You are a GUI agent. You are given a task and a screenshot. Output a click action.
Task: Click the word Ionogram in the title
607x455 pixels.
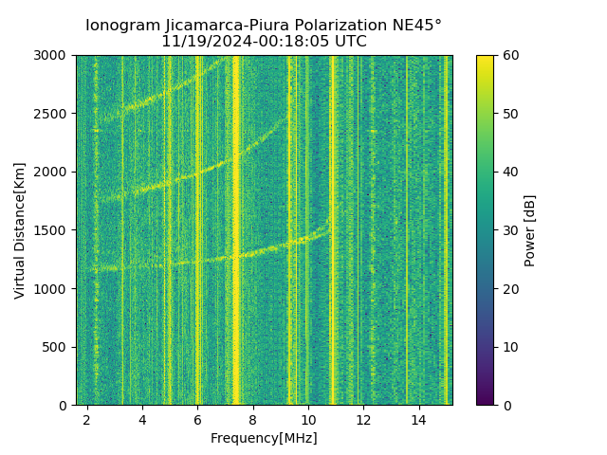coord(122,26)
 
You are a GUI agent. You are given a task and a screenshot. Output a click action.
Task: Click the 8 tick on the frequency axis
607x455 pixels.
coord(253,419)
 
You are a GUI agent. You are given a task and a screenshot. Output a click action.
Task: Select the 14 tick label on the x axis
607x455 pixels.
coord(418,419)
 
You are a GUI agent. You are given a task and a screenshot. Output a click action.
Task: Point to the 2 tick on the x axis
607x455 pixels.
coord(87,419)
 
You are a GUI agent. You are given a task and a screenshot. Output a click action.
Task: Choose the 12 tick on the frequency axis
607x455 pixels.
coord(363,419)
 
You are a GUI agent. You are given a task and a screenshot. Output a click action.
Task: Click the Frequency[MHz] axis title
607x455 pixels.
coord(264,438)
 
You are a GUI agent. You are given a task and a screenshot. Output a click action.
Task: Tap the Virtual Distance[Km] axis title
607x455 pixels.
coord(20,230)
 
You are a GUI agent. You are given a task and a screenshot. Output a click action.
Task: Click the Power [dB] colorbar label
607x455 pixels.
coord(530,230)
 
